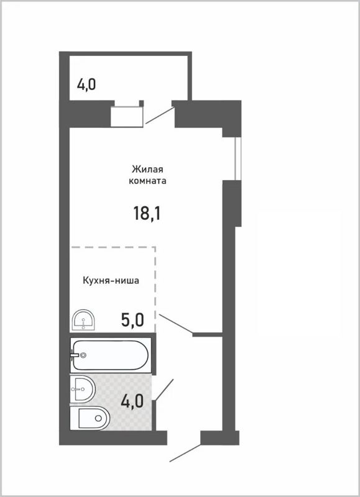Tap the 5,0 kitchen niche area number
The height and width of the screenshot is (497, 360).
point(132,320)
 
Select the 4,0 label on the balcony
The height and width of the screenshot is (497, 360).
point(86,84)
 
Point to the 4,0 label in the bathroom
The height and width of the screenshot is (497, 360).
point(132,400)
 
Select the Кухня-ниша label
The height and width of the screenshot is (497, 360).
point(111,280)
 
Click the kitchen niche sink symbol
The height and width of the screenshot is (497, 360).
point(83,321)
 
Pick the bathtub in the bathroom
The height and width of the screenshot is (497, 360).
point(111,355)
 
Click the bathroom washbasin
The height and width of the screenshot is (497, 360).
point(82,390)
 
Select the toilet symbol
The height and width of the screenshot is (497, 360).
point(90,419)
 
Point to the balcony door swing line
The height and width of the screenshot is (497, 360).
point(159,116)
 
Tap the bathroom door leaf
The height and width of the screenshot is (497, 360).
point(164,390)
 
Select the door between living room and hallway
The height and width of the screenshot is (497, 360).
point(175,324)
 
